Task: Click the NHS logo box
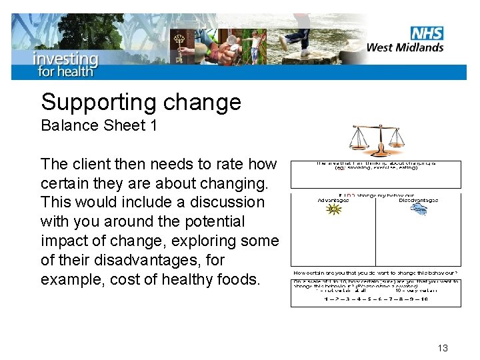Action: pos(427,33)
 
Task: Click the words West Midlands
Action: pos(405,47)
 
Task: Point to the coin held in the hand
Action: pos(231,39)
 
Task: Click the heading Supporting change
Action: pos(141,102)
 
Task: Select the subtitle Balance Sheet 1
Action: pos(99,125)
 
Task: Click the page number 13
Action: pos(443,348)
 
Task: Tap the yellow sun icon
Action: pos(333,209)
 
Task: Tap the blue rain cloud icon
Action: pos(419,210)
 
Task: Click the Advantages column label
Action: pos(333,200)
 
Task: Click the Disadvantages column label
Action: pos(419,200)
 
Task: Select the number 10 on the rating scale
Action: pos(421,299)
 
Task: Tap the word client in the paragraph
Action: pos(91,164)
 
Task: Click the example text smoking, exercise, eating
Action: pos(376,168)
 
